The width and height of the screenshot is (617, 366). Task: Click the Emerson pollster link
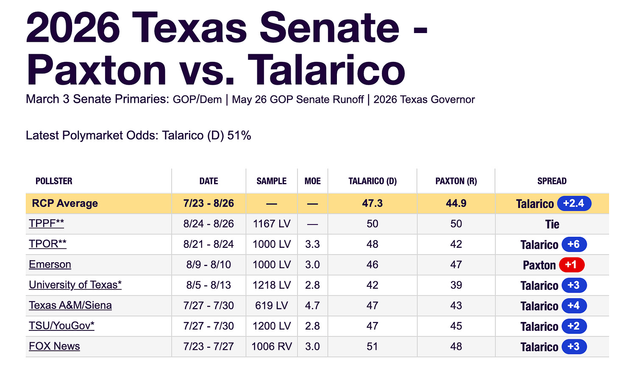tap(50, 264)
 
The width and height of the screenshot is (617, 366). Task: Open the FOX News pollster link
tap(54, 346)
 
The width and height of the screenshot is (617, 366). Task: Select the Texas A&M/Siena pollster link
tap(70, 305)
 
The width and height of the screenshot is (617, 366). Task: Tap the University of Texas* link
tap(75, 285)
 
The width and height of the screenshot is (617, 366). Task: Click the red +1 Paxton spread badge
tap(572, 265)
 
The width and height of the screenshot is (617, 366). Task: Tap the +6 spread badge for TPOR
tap(574, 244)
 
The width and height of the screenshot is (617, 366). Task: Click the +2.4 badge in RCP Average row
tap(574, 203)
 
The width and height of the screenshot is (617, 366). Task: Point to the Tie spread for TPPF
tap(552, 224)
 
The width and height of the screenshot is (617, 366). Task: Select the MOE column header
tap(313, 181)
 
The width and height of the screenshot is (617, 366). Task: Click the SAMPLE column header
tap(272, 181)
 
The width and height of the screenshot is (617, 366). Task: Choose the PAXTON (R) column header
tap(456, 181)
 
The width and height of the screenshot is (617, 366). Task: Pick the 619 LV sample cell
tap(272, 305)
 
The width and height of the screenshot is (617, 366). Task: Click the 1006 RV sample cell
tap(272, 346)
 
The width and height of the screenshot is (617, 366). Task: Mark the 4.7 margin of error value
tap(312, 305)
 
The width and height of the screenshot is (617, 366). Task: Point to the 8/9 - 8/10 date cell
tap(208, 265)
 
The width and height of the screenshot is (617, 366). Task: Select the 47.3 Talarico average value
tap(372, 203)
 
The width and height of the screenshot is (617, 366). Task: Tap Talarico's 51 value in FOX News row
tap(372, 346)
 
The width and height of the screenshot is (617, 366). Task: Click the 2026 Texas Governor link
tap(424, 100)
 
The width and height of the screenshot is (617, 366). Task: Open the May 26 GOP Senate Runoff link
tap(298, 100)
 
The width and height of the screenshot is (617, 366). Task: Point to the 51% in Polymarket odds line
tap(239, 136)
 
